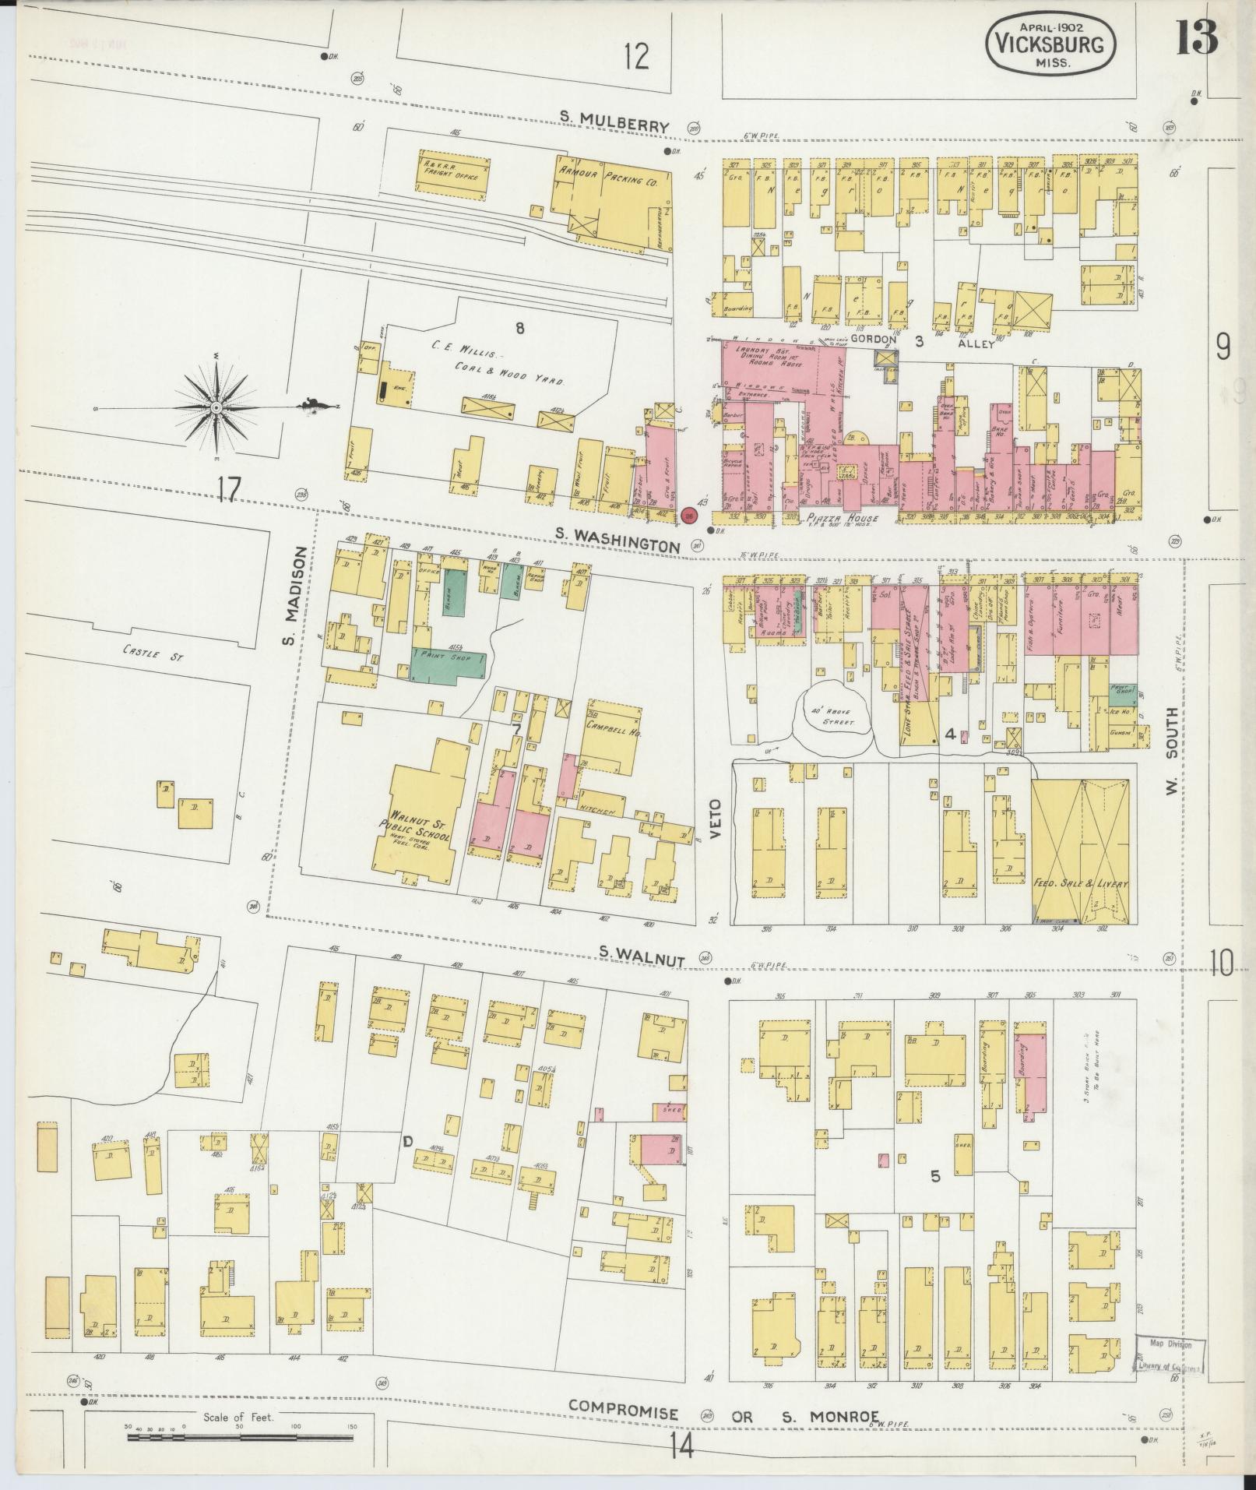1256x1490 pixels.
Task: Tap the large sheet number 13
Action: (1196, 37)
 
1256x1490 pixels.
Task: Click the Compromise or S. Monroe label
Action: (724, 1411)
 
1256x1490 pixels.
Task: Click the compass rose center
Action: (216, 407)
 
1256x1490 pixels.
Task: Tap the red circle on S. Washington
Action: (688, 515)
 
